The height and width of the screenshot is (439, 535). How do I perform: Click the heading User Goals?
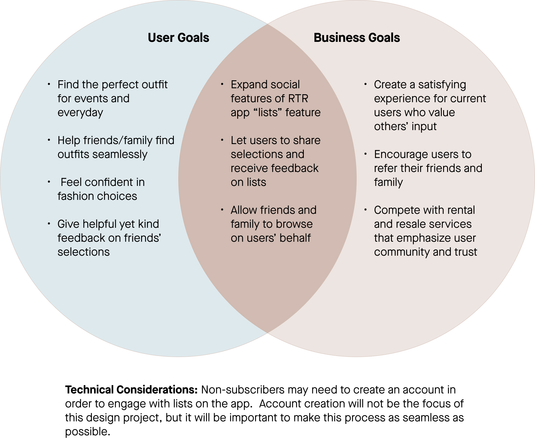tap(178, 38)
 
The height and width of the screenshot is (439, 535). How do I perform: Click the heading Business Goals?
tap(357, 38)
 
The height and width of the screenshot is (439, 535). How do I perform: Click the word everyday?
tap(80, 113)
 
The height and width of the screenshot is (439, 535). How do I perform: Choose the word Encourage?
tap(401, 154)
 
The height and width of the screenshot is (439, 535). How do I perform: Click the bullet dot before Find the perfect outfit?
tap(49, 84)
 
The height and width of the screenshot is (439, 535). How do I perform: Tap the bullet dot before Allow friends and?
tap(222, 210)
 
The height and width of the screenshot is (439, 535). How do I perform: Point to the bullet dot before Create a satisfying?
tap(366, 84)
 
